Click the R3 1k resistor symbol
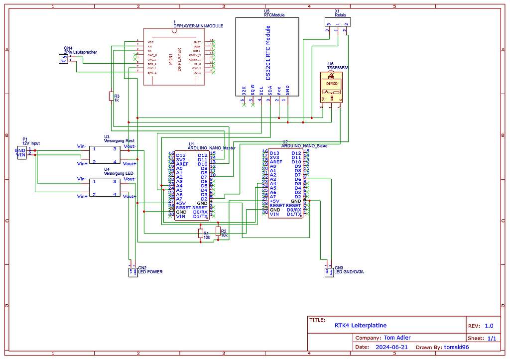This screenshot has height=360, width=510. pyautogui.click(x=111, y=97)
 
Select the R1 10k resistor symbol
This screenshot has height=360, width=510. pyautogui.click(x=201, y=234)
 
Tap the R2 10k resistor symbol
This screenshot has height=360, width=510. pyautogui.click(x=218, y=231)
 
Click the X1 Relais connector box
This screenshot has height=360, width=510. pyautogui.click(x=337, y=22)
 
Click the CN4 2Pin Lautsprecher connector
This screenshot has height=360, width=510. pyautogui.click(x=64, y=59)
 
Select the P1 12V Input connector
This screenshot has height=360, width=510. pyautogui.click(x=21, y=152)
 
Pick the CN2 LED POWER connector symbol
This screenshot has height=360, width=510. pyautogui.click(x=133, y=272)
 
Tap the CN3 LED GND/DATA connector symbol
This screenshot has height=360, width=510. pyautogui.click(x=329, y=272)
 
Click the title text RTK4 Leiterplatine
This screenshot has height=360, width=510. pyautogui.click(x=360, y=325)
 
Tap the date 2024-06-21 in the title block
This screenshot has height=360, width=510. pyautogui.click(x=392, y=347)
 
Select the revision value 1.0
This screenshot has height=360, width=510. pyautogui.click(x=489, y=326)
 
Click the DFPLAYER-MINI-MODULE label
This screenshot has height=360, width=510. pyautogui.click(x=198, y=26)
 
